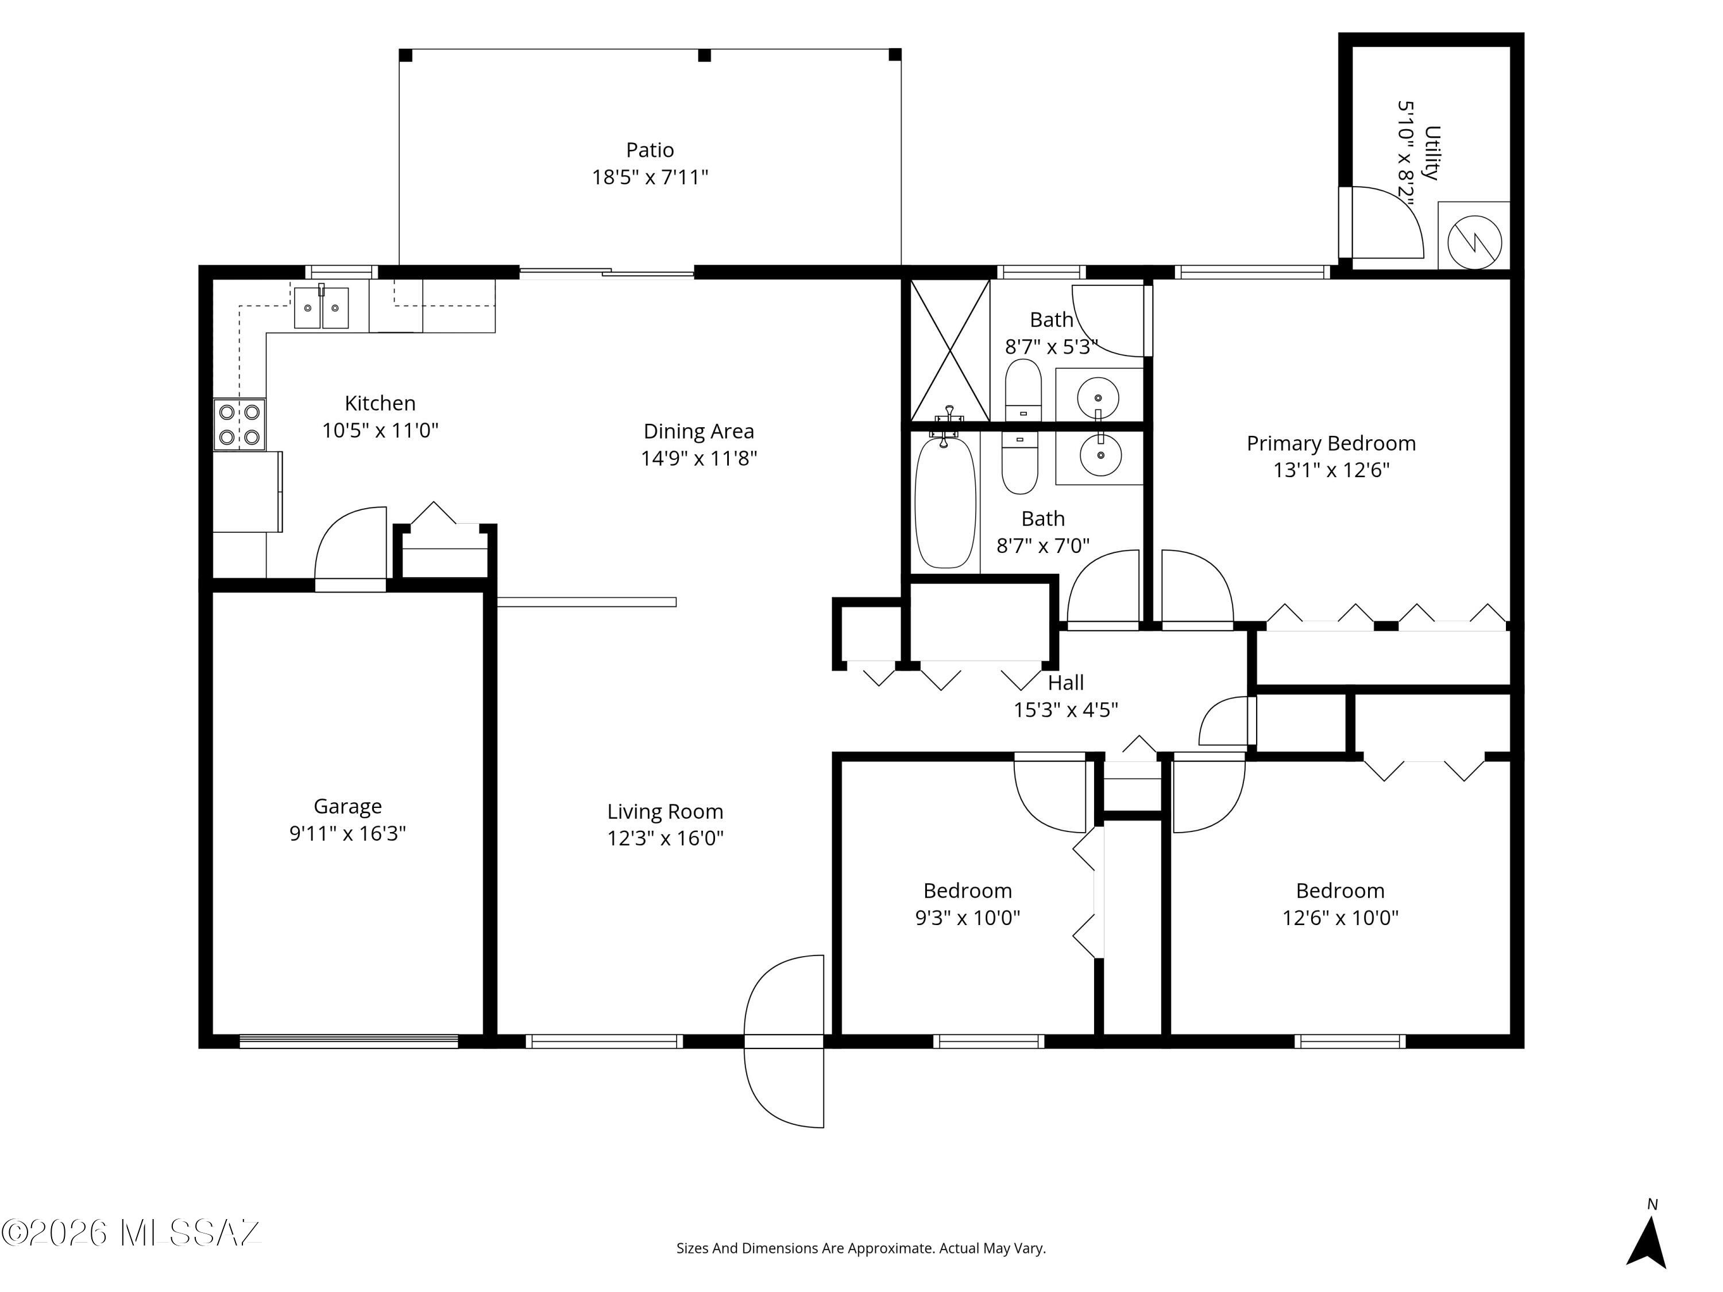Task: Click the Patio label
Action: [x=650, y=149]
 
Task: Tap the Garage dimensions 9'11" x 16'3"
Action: [x=347, y=833]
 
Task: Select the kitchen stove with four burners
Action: [x=239, y=424]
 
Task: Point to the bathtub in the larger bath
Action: [x=945, y=502]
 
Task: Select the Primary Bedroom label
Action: [x=1331, y=443]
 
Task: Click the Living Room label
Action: [x=665, y=811]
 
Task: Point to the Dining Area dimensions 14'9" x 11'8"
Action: [x=699, y=458]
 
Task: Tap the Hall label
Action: [x=1065, y=683]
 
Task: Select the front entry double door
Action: [x=783, y=1041]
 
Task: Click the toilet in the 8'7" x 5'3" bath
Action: [x=1023, y=389]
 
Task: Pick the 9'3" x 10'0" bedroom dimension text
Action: [x=967, y=918]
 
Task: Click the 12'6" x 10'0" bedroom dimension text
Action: [x=1340, y=918]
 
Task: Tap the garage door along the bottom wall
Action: [x=348, y=1041]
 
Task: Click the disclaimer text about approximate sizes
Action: [x=861, y=1248]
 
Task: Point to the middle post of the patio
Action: [x=704, y=55]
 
